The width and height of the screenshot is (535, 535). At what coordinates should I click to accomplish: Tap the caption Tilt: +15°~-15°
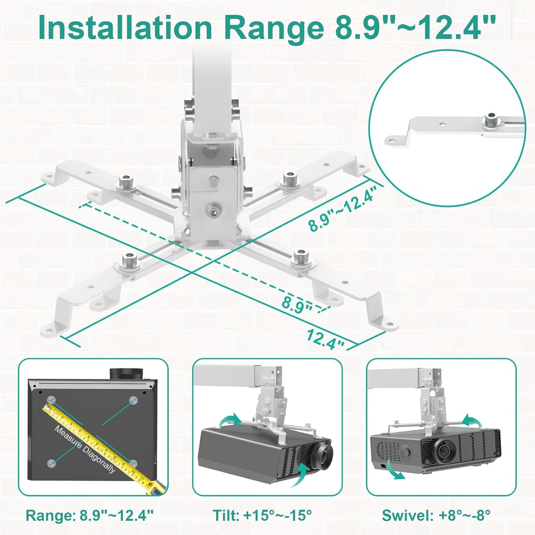[x=262, y=515]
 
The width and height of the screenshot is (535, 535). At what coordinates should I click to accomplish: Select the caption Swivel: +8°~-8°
[x=436, y=515]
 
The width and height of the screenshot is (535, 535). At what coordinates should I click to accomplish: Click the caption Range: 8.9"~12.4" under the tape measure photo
[x=89, y=515]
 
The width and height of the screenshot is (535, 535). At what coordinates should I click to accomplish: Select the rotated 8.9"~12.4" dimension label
[x=343, y=210]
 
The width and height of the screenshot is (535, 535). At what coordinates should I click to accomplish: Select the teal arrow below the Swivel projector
[x=394, y=470]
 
